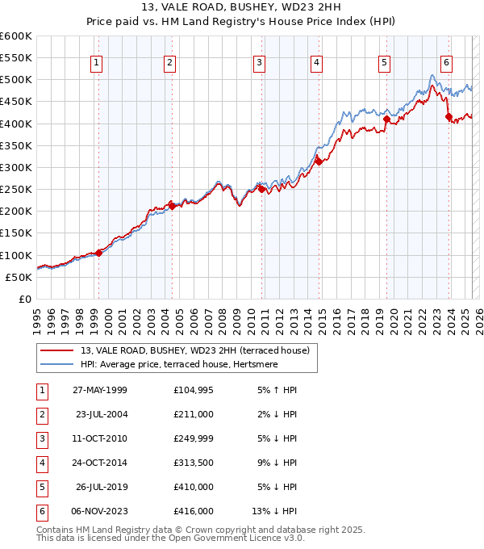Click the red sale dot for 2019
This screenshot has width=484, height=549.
386,119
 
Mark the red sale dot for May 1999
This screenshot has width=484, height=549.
98,253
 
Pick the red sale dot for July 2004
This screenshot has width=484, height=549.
172,206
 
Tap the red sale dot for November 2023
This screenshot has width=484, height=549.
449,117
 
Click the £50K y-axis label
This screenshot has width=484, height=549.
19,277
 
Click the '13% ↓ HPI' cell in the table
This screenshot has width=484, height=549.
274,510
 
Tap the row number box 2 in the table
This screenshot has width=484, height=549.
41,414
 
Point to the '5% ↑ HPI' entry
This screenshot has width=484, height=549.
274,392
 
